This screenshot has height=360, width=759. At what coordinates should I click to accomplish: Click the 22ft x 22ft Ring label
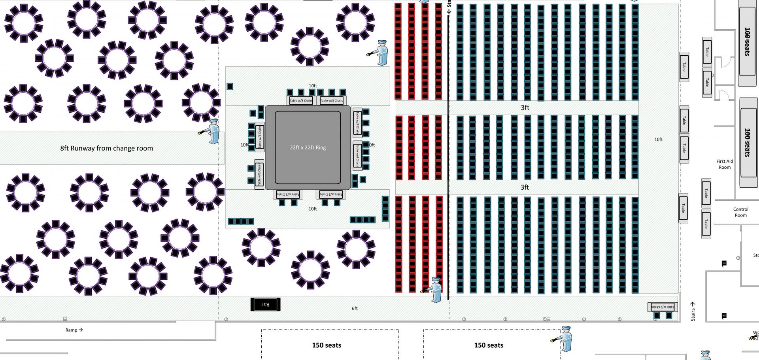pyautogui.click(x=308, y=147)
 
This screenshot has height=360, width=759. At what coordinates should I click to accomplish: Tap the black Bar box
pyautogui.click(x=265, y=304)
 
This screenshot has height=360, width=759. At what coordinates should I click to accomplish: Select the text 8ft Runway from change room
pyautogui.click(x=106, y=148)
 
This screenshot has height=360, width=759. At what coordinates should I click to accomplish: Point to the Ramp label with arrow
pyautogui.click(x=74, y=330)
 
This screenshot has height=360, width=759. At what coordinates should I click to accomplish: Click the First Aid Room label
pyautogui.click(x=724, y=164)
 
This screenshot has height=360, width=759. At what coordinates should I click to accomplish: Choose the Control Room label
pyautogui.click(x=740, y=212)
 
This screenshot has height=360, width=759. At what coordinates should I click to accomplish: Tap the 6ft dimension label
pyautogui.click(x=355, y=308)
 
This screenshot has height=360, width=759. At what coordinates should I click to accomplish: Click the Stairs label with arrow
pyautogui.click(x=693, y=312)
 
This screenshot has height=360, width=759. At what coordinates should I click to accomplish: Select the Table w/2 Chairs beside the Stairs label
pyautogui.click(x=663, y=307)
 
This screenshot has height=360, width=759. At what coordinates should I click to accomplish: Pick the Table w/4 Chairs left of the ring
pyautogui.click(x=259, y=137)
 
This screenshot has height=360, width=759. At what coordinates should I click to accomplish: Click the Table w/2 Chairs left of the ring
pyautogui.click(x=259, y=174)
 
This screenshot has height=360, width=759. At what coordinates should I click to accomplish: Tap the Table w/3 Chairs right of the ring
pyautogui.click(x=357, y=122)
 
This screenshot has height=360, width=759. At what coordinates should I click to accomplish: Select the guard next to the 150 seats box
pyautogui.click(x=564, y=339)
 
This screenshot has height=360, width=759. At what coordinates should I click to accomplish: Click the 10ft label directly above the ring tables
pyautogui.click(x=313, y=86)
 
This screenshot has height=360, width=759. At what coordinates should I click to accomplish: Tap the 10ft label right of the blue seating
pyautogui.click(x=658, y=139)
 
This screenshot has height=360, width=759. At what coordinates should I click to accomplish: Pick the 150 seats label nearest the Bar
pyautogui.click(x=327, y=345)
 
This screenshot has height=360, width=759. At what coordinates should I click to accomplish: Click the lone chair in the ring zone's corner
pyautogui.click(x=230, y=86)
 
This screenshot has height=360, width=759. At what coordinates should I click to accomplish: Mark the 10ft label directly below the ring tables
pyautogui.click(x=313, y=209)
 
